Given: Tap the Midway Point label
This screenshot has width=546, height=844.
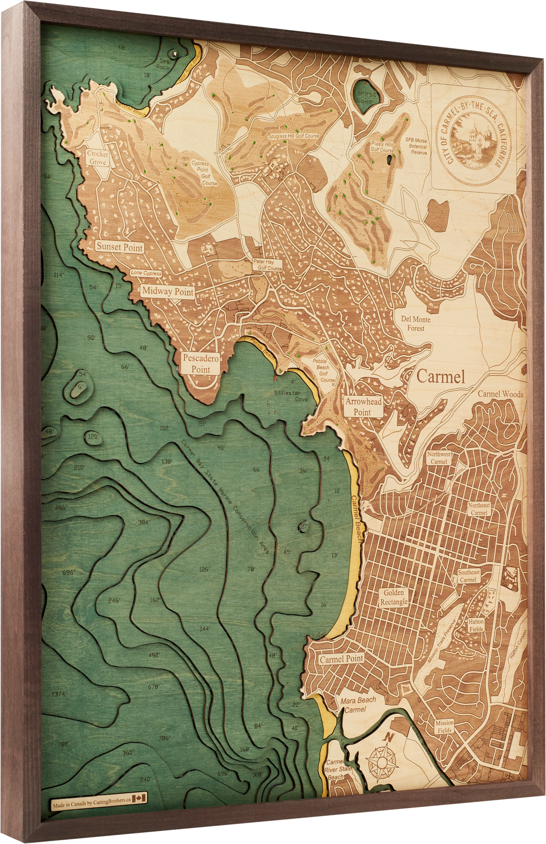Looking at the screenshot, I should coord(168,291).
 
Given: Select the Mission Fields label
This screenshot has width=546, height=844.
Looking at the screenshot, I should coord(444,726).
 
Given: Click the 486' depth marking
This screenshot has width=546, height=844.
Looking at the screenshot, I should coord(61,508).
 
